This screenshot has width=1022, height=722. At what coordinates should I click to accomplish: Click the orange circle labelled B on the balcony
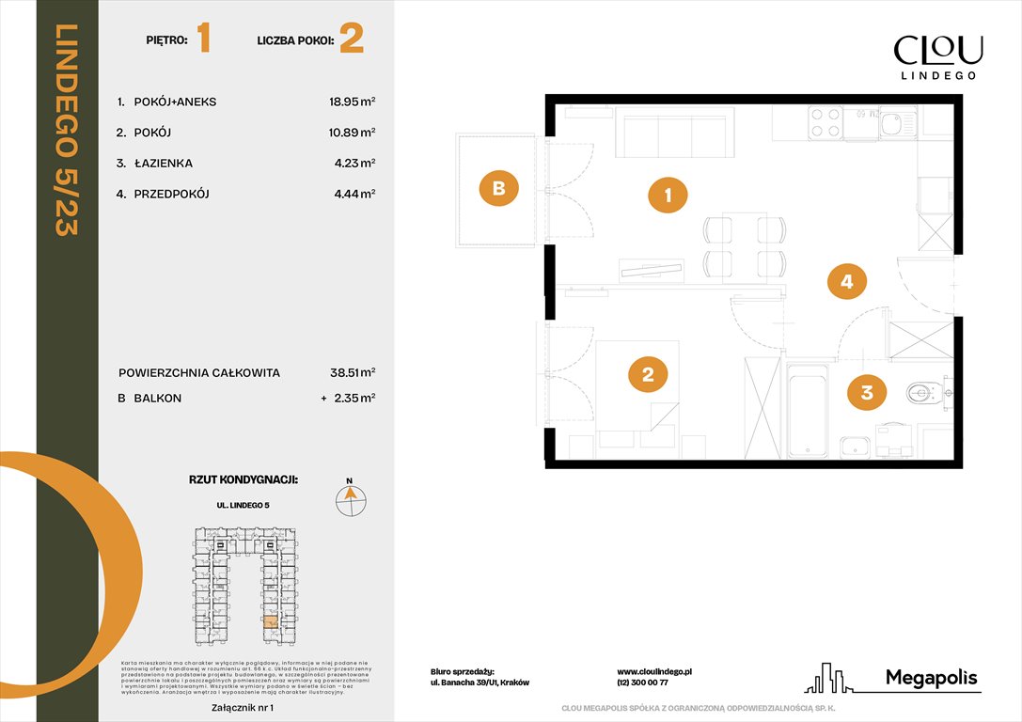tap(499, 188)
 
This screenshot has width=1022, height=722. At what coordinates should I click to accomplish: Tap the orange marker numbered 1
tap(668, 196)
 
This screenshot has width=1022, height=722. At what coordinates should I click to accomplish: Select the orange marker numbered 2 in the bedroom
tap(648, 375)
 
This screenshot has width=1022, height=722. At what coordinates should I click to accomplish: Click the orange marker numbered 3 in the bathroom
tap(867, 392)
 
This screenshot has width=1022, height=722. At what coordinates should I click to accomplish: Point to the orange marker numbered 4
tap(847, 280)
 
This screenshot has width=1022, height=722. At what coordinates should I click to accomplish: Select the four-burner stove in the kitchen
tap(825, 123)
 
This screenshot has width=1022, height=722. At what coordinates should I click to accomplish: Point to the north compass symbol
tap(351, 498)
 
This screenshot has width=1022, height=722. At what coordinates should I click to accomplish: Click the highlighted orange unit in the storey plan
tap(271, 621)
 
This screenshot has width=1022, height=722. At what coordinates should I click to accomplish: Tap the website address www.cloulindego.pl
tap(654, 672)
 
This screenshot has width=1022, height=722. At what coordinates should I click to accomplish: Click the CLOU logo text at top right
tap(937, 50)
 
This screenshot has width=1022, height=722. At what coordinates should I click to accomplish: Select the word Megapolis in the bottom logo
tap(932, 678)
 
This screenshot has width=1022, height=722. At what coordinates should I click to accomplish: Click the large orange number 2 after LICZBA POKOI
tap(352, 39)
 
